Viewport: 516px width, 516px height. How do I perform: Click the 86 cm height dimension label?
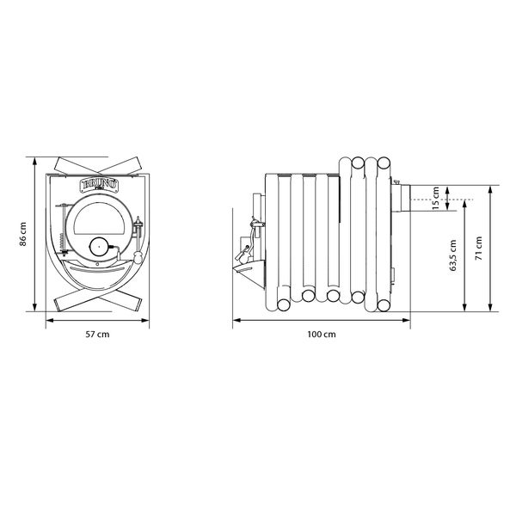point(23,234)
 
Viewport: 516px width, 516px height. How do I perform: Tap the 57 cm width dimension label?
point(97,335)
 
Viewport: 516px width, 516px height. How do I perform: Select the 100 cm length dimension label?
point(322,335)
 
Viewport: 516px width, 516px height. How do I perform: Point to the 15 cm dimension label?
point(436,198)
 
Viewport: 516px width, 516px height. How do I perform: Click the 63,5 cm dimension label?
point(453,255)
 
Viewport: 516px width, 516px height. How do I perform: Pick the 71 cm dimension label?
point(479,249)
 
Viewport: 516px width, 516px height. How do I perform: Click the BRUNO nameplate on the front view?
point(100,185)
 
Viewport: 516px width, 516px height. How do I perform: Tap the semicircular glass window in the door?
point(99,218)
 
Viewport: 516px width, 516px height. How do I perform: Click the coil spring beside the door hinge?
point(61,243)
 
